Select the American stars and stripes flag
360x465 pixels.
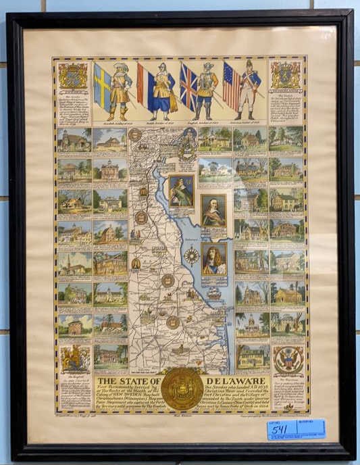232,84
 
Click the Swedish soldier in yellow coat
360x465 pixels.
120,91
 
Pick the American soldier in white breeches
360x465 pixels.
249,92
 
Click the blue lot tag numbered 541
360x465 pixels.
296,429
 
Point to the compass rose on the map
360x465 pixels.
191,255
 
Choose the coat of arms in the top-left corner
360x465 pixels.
73,75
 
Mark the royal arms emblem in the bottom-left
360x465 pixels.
74,359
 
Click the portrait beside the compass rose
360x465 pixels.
214,258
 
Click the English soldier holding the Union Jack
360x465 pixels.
205,92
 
